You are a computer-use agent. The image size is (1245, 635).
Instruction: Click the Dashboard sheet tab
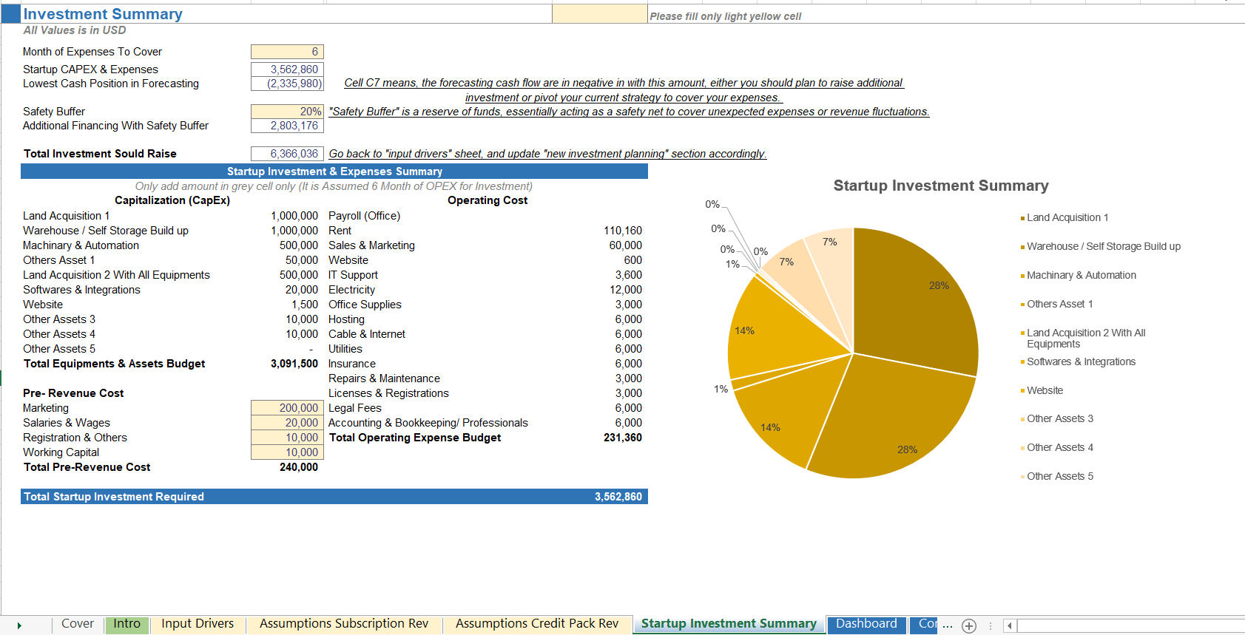point(866,624)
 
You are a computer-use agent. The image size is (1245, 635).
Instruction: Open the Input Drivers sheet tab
point(198,624)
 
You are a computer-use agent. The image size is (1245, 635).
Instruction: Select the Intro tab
point(126,624)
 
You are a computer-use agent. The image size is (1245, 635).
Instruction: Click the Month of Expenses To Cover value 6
point(287,52)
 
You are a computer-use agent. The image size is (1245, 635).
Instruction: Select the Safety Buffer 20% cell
point(287,112)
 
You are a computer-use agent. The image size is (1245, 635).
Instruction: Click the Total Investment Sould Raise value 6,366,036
point(287,154)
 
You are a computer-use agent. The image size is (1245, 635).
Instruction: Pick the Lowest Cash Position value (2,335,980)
point(287,84)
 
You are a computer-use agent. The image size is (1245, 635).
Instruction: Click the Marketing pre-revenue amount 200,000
point(287,408)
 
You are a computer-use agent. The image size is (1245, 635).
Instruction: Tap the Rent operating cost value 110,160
point(622,231)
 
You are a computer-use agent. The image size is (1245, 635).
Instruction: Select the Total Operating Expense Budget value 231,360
point(622,438)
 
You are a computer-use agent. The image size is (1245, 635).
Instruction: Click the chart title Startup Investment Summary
point(940,186)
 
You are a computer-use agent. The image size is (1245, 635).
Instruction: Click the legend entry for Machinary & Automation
point(1081,275)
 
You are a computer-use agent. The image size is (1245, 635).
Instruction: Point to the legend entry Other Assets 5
point(1059,476)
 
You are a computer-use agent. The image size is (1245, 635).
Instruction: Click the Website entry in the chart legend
point(1045,390)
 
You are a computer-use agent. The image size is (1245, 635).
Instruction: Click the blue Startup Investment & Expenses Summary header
point(334,172)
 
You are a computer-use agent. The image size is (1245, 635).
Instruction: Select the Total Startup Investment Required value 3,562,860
point(618,497)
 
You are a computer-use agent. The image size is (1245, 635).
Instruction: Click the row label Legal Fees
point(355,408)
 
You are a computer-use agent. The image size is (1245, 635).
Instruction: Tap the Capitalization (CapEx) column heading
point(172,200)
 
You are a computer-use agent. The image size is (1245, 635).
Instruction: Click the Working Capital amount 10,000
point(287,452)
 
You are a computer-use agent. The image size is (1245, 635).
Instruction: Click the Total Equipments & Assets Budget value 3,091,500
point(294,364)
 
